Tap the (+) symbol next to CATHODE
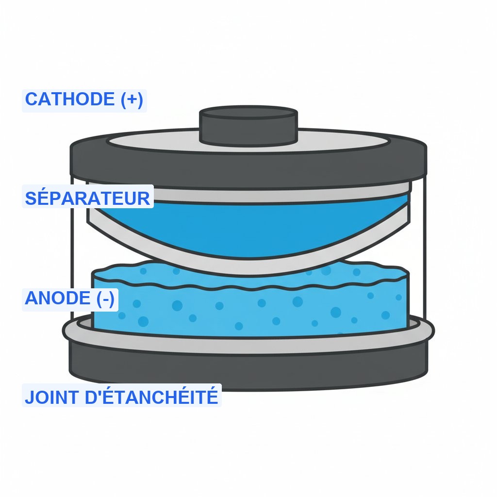[x=132, y=99]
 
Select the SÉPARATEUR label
[x=87, y=198]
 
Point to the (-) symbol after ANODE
[x=105, y=298]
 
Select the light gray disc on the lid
[x=146, y=142]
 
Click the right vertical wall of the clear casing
[x=425, y=243]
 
